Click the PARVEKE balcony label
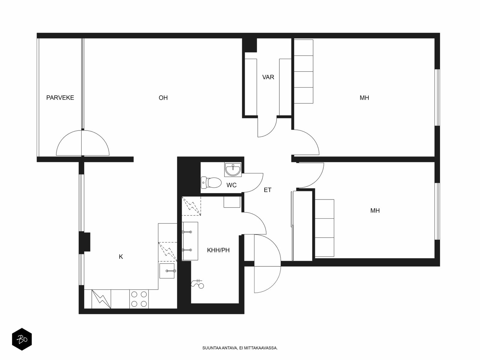[60, 97]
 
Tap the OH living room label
[163, 98]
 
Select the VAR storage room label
[268, 77]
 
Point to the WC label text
[231, 185]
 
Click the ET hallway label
[267, 190]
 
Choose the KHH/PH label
[218, 250]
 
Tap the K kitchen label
[121, 256]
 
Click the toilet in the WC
[211, 182]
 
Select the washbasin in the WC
[233, 169]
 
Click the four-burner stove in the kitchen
[139, 299]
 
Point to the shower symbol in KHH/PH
[197, 284]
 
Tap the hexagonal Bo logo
[22, 339]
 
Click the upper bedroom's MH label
[364, 98]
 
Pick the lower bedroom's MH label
[375, 211]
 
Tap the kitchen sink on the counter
[167, 271]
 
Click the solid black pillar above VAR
[249, 45]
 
